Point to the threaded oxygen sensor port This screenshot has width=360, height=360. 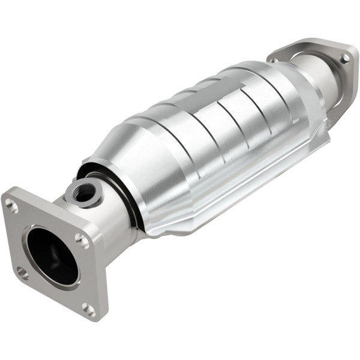coord(83,192)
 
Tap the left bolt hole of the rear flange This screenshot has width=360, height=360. coord(274,60)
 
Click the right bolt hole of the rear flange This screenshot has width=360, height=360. coord(344,58)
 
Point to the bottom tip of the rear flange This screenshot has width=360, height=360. coord(329,123)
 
